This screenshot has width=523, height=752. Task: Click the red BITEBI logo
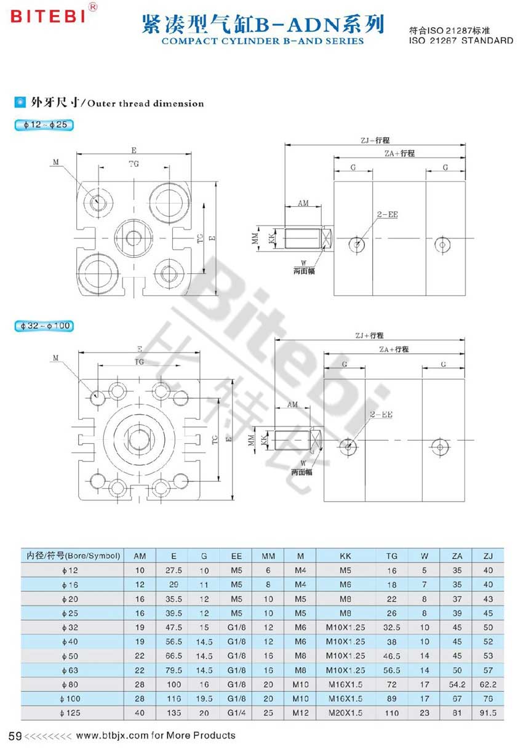click(47, 17)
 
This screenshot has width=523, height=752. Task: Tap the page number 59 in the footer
click(15, 736)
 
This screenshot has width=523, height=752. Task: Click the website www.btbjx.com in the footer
click(112, 735)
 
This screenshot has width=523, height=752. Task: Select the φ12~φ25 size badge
click(44, 125)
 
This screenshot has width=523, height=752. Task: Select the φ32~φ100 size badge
click(44, 326)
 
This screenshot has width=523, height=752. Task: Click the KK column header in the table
click(345, 556)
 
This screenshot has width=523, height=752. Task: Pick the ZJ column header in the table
click(488, 556)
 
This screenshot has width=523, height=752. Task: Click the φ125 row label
click(70, 713)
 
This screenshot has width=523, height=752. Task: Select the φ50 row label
click(70, 656)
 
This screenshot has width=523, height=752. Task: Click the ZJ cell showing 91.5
click(488, 713)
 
